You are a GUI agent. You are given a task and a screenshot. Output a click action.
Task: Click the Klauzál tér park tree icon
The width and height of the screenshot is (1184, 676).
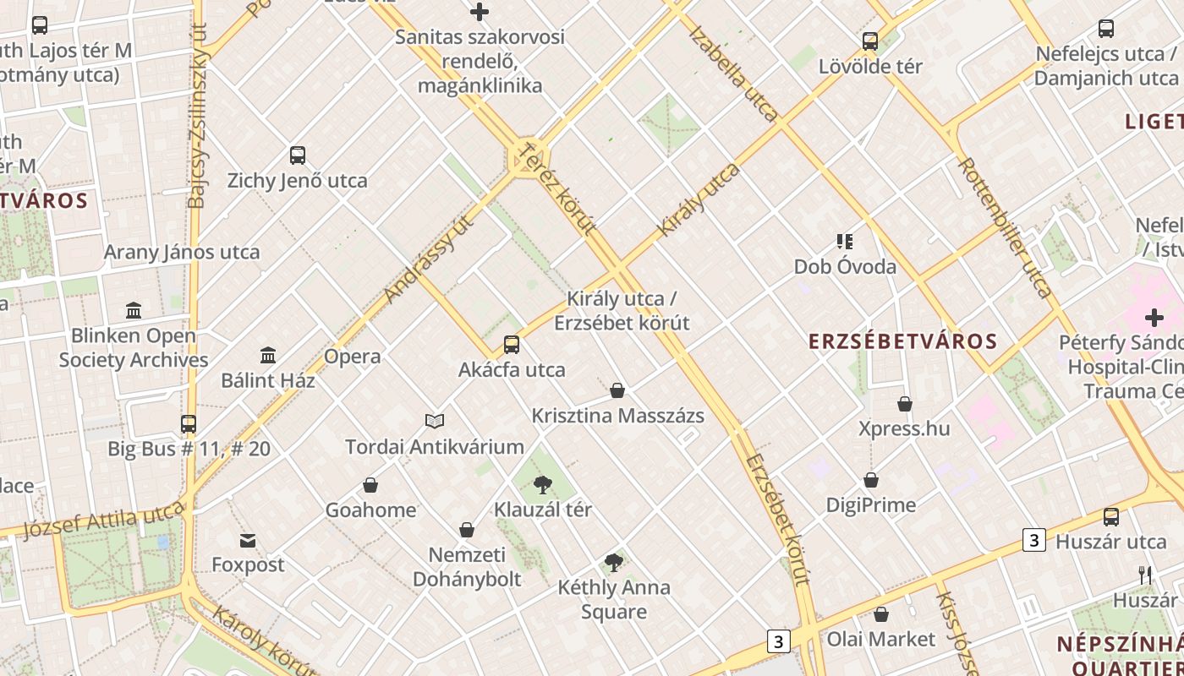543,485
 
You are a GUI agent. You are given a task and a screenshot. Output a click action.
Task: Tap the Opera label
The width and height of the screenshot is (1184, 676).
353,357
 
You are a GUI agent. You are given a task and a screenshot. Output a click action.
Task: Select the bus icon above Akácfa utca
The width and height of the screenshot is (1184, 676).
512,345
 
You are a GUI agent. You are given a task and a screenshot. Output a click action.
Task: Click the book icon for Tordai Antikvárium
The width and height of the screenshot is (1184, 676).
435,421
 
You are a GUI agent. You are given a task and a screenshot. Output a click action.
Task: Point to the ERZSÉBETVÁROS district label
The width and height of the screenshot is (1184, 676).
903,341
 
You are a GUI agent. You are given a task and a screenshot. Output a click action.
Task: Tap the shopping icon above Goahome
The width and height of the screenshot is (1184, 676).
370,485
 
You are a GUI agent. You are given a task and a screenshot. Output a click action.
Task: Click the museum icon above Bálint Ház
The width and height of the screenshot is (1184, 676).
268,355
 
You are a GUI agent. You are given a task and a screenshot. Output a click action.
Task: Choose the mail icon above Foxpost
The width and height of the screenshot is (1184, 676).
248,540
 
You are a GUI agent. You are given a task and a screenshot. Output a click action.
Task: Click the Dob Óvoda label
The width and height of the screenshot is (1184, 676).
845,267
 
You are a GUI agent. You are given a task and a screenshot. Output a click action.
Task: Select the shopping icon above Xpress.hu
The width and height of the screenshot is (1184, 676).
905,404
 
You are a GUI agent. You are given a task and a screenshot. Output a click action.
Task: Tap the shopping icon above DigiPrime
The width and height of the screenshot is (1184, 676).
871,480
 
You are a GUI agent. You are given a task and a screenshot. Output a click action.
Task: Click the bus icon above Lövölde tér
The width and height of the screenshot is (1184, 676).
870,41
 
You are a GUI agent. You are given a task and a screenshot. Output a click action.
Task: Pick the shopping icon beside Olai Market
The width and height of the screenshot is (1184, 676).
881,614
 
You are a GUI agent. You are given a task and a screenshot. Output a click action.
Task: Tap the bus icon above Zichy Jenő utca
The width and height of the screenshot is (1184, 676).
298,155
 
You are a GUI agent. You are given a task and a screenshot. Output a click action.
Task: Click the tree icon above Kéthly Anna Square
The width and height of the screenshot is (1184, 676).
614,562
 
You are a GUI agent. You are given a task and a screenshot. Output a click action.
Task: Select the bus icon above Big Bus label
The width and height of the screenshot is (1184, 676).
189,423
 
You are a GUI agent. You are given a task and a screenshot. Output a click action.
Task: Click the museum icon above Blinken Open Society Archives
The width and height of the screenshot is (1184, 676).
134,310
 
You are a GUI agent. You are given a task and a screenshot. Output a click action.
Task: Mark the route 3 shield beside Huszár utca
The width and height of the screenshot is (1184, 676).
1034,540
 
